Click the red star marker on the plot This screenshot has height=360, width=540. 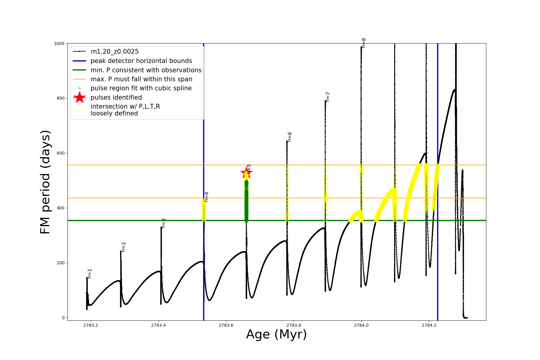click(x=246, y=172)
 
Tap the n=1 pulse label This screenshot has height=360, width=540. click(x=89, y=274)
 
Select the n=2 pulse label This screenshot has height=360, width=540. click(x=123, y=247)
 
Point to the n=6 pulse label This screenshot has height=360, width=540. click(x=289, y=137)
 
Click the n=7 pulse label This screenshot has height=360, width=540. click(x=328, y=97)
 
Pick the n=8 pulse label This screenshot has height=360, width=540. click(x=364, y=43)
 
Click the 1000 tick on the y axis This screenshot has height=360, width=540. click(x=59, y=43)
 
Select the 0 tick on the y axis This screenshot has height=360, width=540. click(x=63, y=318)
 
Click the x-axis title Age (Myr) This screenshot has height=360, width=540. click(x=276, y=334)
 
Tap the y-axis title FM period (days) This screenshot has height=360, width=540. click(x=45, y=182)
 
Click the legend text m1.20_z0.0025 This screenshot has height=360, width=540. click(x=115, y=52)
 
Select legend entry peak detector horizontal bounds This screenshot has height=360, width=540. click(x=141, y=61)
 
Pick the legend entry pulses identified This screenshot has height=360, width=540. click(x=116, y=97)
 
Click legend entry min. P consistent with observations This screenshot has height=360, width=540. click(x=146, y=70)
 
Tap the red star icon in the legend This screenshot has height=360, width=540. click(x=79, y=97)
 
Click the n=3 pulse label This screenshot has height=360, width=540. click(x=163, y=223)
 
